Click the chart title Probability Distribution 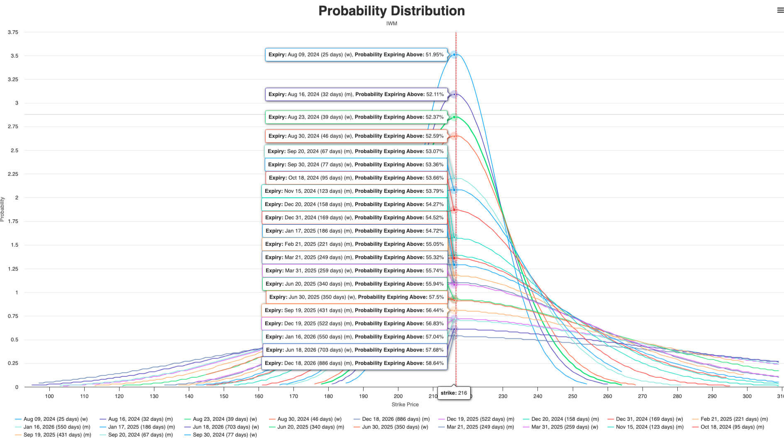[x=391, y=11]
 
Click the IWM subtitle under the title [x=391, y=24]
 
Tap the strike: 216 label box [x=454, y=393]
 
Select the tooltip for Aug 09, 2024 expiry [x=356, y=55]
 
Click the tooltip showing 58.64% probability [x=354, y=363]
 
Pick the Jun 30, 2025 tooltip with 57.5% [x=357, y=297]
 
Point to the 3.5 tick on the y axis [x=15, y=56]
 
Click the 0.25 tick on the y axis [x=13, y=363]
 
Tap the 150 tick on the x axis [x=224, y=396]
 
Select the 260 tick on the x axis [x=607, y=396]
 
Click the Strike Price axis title [x=405, y=405]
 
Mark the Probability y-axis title [x=2, y=209]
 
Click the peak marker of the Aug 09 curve [x=454, y=55]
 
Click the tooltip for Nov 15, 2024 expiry [x=354, y=191]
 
